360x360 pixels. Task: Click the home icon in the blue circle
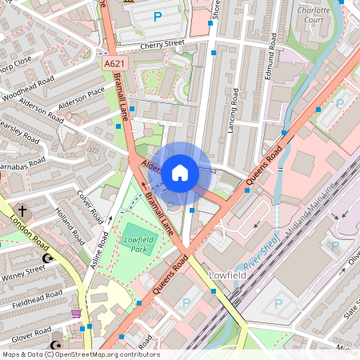click(x=180, y=172)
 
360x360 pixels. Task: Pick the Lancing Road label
click(x=233, y=110)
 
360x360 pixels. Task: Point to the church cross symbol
click(x=22, y=211)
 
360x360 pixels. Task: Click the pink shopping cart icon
click(x=76, y=314)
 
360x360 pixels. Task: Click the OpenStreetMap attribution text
click(x=80, y=354)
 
